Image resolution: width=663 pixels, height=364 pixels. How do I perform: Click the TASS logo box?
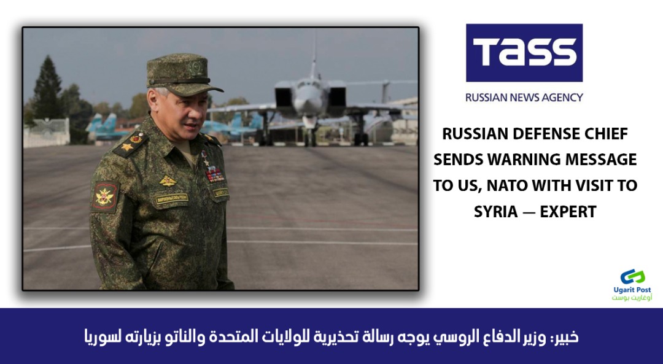coord(524,53)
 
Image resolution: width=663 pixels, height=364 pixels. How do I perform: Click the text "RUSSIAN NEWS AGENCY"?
coord(524,98)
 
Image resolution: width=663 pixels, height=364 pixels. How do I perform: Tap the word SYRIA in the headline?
coord(495,211)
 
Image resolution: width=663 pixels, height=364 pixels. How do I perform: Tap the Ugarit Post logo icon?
coord(632,277)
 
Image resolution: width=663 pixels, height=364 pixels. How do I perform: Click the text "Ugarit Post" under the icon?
coord(632,290)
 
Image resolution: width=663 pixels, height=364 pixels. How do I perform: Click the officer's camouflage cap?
coord(182,74)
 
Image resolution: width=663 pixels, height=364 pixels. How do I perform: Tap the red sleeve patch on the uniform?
coord(104,196)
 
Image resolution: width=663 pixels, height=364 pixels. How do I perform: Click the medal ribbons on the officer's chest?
coord(215,174)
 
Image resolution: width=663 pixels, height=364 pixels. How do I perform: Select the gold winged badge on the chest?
coord(168,181)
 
